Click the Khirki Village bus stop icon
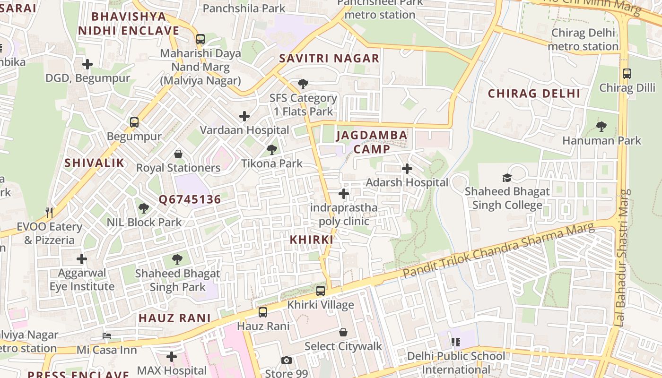[x=321, y=291]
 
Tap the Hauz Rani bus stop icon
[x=263, y=312]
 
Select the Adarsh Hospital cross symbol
[x=407, y=169]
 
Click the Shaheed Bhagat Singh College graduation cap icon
[x=507, y=178]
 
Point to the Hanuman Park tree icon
[x=601, y=127]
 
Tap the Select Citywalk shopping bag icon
[x=343, y=332]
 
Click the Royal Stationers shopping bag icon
[x=178, y=154]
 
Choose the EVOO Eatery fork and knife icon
[x=49, y=212]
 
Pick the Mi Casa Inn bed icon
[x=107, y=336]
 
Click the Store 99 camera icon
[x=286, y=361]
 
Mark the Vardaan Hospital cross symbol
[x=244, y=116]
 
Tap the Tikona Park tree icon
[x=271, y=150]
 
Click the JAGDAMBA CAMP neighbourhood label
[x=372, y=142]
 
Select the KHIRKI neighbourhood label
[x=312, y=240]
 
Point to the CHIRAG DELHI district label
[x=534, y=93]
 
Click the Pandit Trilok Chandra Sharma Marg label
[x=498, y=251]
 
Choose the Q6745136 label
[x=190, y=199]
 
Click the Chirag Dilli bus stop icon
[x=627, y=74]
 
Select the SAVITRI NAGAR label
[x=329, y=59]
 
